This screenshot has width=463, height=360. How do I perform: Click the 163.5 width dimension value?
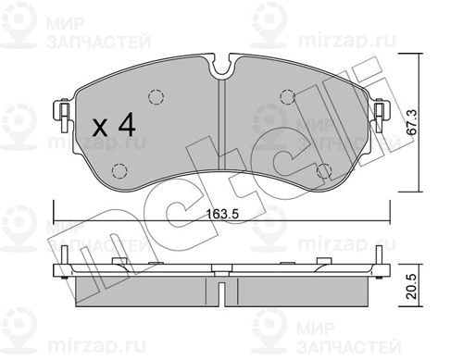222,214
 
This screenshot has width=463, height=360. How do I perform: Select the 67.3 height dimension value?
412,122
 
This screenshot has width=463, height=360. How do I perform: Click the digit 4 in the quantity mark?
127,124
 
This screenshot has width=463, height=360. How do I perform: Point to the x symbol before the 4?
100,128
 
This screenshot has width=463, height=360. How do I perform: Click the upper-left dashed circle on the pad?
156,97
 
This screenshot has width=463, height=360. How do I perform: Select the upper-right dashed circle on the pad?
288,96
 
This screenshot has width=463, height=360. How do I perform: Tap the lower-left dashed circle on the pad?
119,170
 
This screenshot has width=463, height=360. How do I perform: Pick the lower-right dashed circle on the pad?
324,171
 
